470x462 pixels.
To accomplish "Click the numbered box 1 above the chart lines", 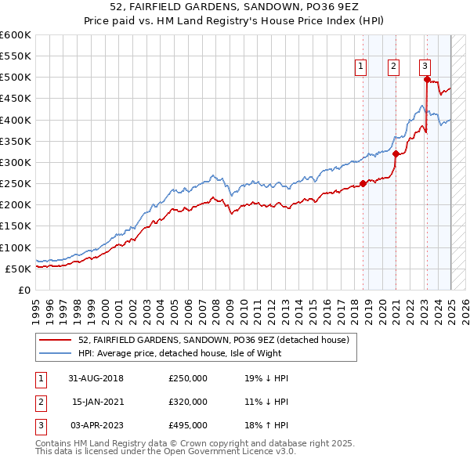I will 361,67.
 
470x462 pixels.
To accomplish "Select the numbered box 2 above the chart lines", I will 392,67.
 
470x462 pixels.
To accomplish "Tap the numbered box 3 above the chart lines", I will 424,67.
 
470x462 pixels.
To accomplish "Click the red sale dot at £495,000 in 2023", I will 427,79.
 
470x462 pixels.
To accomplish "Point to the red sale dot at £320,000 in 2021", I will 396,153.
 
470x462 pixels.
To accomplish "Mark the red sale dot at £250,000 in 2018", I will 363,183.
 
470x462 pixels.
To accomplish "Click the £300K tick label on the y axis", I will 15,162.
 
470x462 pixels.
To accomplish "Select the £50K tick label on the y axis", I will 18,269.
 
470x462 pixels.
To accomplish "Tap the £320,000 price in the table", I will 188,402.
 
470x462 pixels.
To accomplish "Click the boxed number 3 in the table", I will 38,425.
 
